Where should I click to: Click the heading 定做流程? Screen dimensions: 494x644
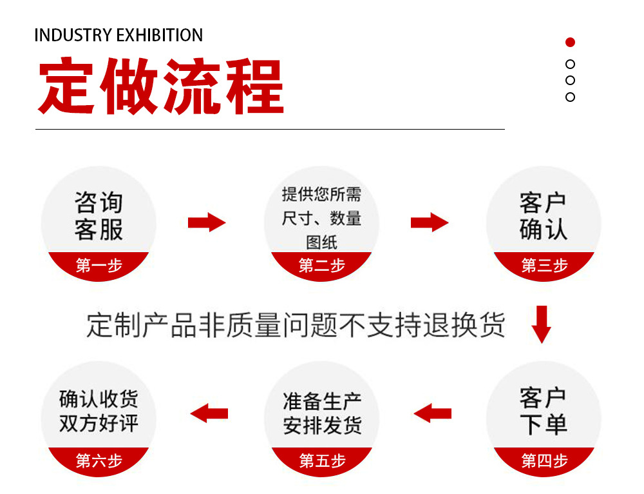[x=161, y=88]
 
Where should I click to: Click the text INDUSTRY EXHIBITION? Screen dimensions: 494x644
[x=118, y=35]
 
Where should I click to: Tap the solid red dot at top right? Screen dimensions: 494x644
[x=570, y=43]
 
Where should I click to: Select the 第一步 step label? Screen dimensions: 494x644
[x=99, y=265]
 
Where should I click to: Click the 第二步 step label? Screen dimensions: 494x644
[x=321, y=265]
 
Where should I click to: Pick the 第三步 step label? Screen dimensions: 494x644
[x=544, y=265]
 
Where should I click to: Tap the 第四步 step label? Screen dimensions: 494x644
[x=544, y=460]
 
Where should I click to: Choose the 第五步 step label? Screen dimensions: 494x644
[x=322, y=460]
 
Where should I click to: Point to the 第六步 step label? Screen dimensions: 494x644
[x=99, y=460]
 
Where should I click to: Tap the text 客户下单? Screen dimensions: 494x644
[x=544, y=411]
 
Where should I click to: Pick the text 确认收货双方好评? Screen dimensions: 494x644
[x=99, y=411]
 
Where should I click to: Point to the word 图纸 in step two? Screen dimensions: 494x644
[x=321, y=242]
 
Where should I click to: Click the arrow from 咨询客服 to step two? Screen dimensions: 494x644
[x=207, y=222]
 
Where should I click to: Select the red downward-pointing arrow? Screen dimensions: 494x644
[x=542, y=324]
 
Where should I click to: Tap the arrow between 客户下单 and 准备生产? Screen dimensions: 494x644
[x=432, y=413]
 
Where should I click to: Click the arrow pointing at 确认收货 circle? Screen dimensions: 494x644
[x=209, y=413]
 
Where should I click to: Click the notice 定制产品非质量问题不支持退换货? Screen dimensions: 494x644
[x=296, y=326]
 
